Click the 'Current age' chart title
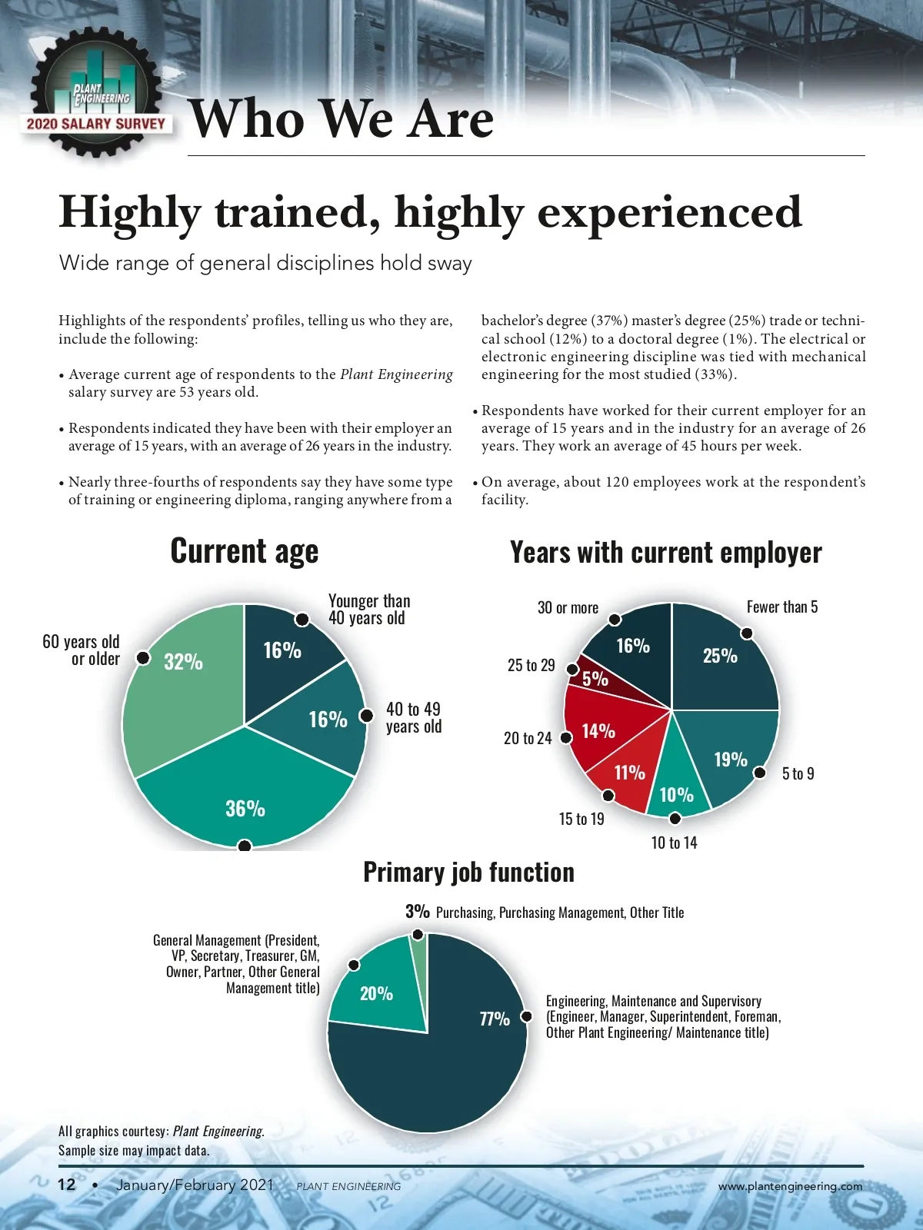coord(244,551)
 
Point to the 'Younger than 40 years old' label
coord(369,610)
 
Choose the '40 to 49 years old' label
coord(414,717)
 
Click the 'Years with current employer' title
coord(665,553)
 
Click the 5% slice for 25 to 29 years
coord(594,678)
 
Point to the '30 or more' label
coord(568,607)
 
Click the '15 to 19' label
coord(581,819)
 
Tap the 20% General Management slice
coord(377,992)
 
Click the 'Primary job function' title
coord(468,873)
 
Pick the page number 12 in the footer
coord(67,1185)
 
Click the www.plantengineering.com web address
coord(790,1186)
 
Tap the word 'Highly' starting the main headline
coord(129,212)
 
